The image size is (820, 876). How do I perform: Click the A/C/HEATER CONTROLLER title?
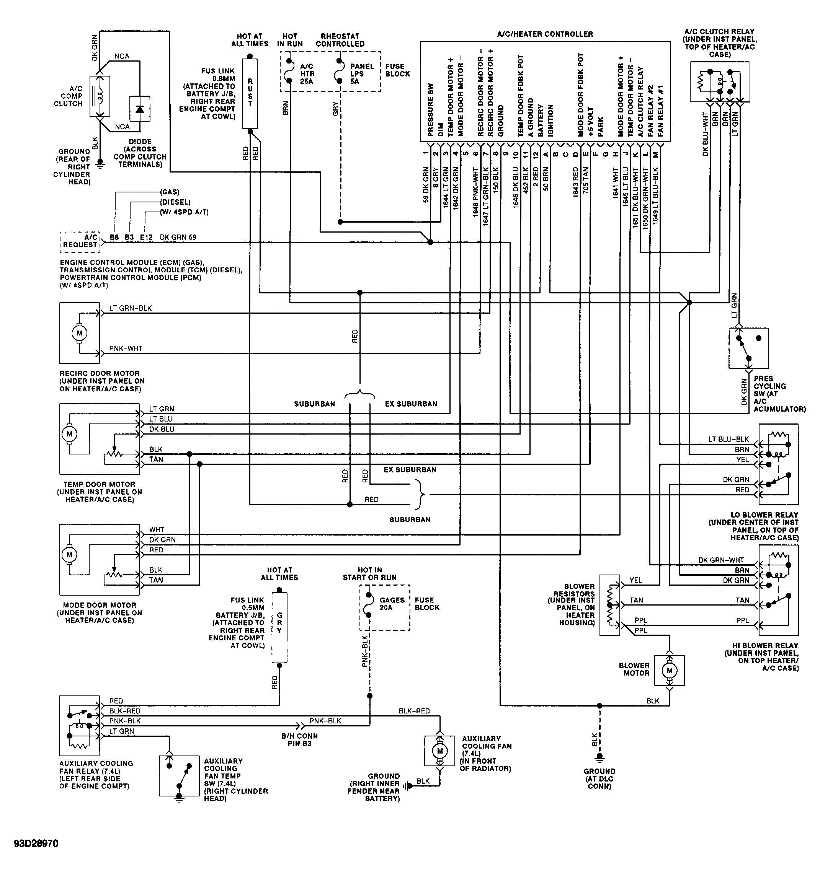pos(544,34)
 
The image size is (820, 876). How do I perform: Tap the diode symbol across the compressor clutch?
pos(139,109)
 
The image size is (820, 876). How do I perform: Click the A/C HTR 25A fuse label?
pos(307,73)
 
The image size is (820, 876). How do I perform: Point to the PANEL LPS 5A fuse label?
pos(361,73)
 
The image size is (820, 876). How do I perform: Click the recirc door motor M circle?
pos(79,333)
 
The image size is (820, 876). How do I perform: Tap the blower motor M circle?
pos(669,671)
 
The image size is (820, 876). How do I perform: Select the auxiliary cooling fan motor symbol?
pos(439,751)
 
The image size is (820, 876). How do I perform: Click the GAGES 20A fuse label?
pos(392,604)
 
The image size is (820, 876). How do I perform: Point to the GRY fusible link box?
pos(279,627)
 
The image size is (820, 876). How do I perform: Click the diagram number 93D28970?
pos(36,843)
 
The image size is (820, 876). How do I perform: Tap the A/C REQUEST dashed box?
pos(80,241)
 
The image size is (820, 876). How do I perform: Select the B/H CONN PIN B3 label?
pos(299,739)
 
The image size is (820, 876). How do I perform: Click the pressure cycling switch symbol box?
pos(748,348)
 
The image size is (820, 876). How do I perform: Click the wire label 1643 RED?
pos(575,182)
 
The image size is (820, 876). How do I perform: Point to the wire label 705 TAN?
pos(585,182)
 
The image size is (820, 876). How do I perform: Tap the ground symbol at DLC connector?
pos(599,757)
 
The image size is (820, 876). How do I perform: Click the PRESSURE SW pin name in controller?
pos(431,110)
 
